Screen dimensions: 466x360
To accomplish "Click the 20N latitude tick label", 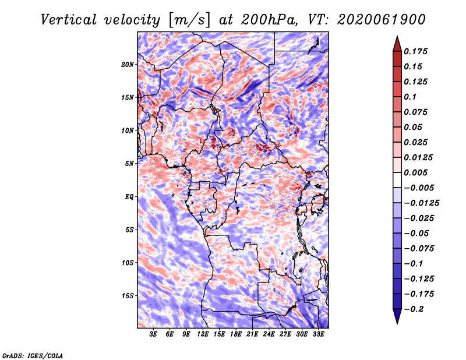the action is pos(128,65).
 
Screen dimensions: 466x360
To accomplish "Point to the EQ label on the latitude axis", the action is pos(129,197).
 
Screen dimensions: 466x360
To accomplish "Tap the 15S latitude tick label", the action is pos(128,296).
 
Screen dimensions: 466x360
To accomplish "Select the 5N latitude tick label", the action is pos(129,164).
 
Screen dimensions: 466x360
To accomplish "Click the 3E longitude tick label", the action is pos(153,334).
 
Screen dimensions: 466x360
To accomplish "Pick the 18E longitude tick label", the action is pos(236,334).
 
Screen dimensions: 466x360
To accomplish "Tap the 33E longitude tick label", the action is pos(318,334).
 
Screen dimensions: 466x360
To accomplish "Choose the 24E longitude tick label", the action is pos(269,334).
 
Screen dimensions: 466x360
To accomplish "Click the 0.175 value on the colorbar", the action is pos(415,51).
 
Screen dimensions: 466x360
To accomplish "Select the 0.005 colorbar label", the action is pos(415,172).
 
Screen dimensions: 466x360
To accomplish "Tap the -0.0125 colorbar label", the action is pos(421,203).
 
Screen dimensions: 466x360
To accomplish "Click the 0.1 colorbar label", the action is pos(410,97).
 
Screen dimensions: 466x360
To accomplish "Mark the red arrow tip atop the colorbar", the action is pos(397,36).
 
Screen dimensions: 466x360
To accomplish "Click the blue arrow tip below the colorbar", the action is pos(397,323).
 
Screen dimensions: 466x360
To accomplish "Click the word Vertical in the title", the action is pos(69,20).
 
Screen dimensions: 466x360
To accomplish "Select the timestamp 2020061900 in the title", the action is pos(382,20).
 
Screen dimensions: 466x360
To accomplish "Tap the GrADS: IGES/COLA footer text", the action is pos(33,355).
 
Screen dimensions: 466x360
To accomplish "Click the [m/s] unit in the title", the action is pos(189,20).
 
